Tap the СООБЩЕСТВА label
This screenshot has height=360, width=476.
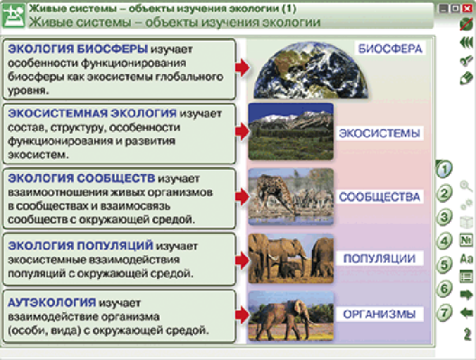click(379, 196)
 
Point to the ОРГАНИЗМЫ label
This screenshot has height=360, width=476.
click(379, 315)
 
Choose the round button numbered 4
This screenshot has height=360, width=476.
click(443, 240)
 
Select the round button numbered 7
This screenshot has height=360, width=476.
click(443, 312)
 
